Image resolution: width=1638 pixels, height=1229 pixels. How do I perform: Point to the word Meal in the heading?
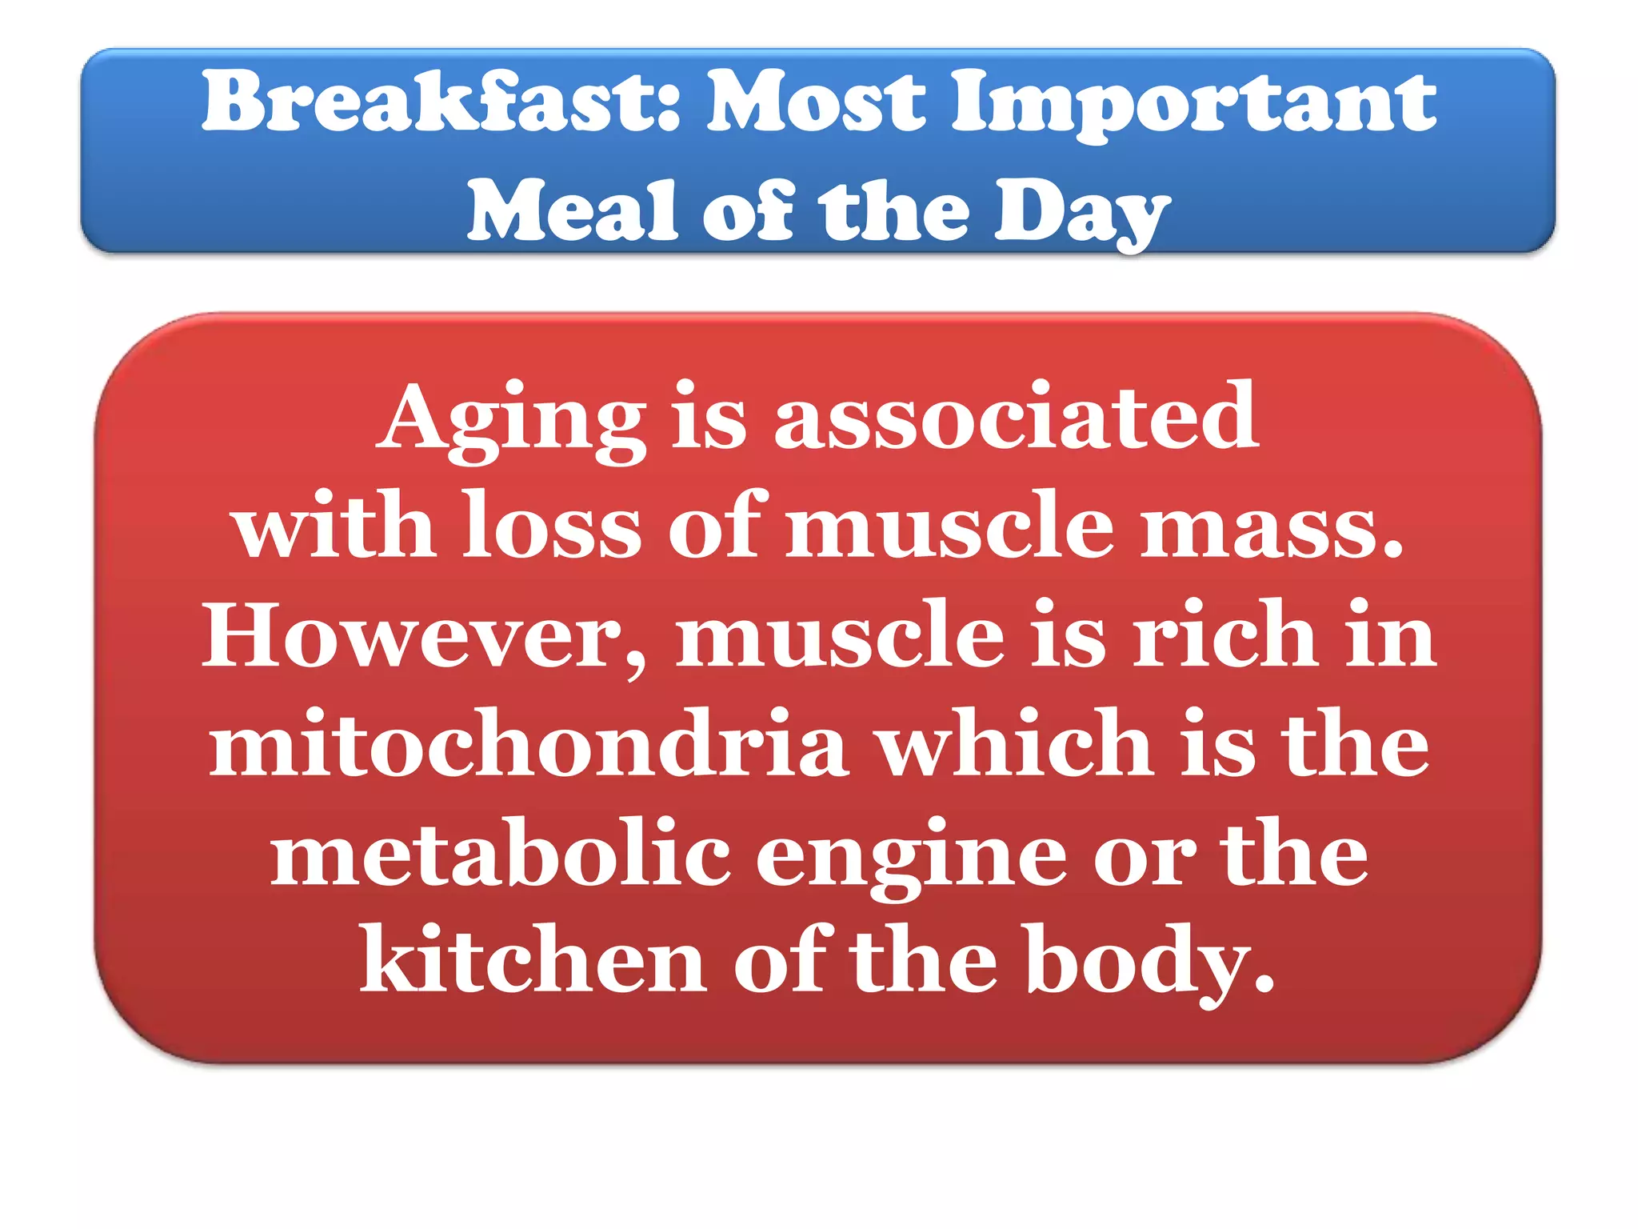point(572,211)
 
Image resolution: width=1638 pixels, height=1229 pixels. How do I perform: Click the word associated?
point(1016,417)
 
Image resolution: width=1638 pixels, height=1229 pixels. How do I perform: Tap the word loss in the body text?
point(552,526)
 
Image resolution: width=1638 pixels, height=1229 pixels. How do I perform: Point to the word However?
point(409,636)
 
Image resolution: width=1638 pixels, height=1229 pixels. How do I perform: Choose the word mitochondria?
point(528,744)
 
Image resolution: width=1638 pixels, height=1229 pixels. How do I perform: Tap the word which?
point(1016,744)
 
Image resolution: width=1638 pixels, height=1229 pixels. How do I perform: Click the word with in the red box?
point(335,526)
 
